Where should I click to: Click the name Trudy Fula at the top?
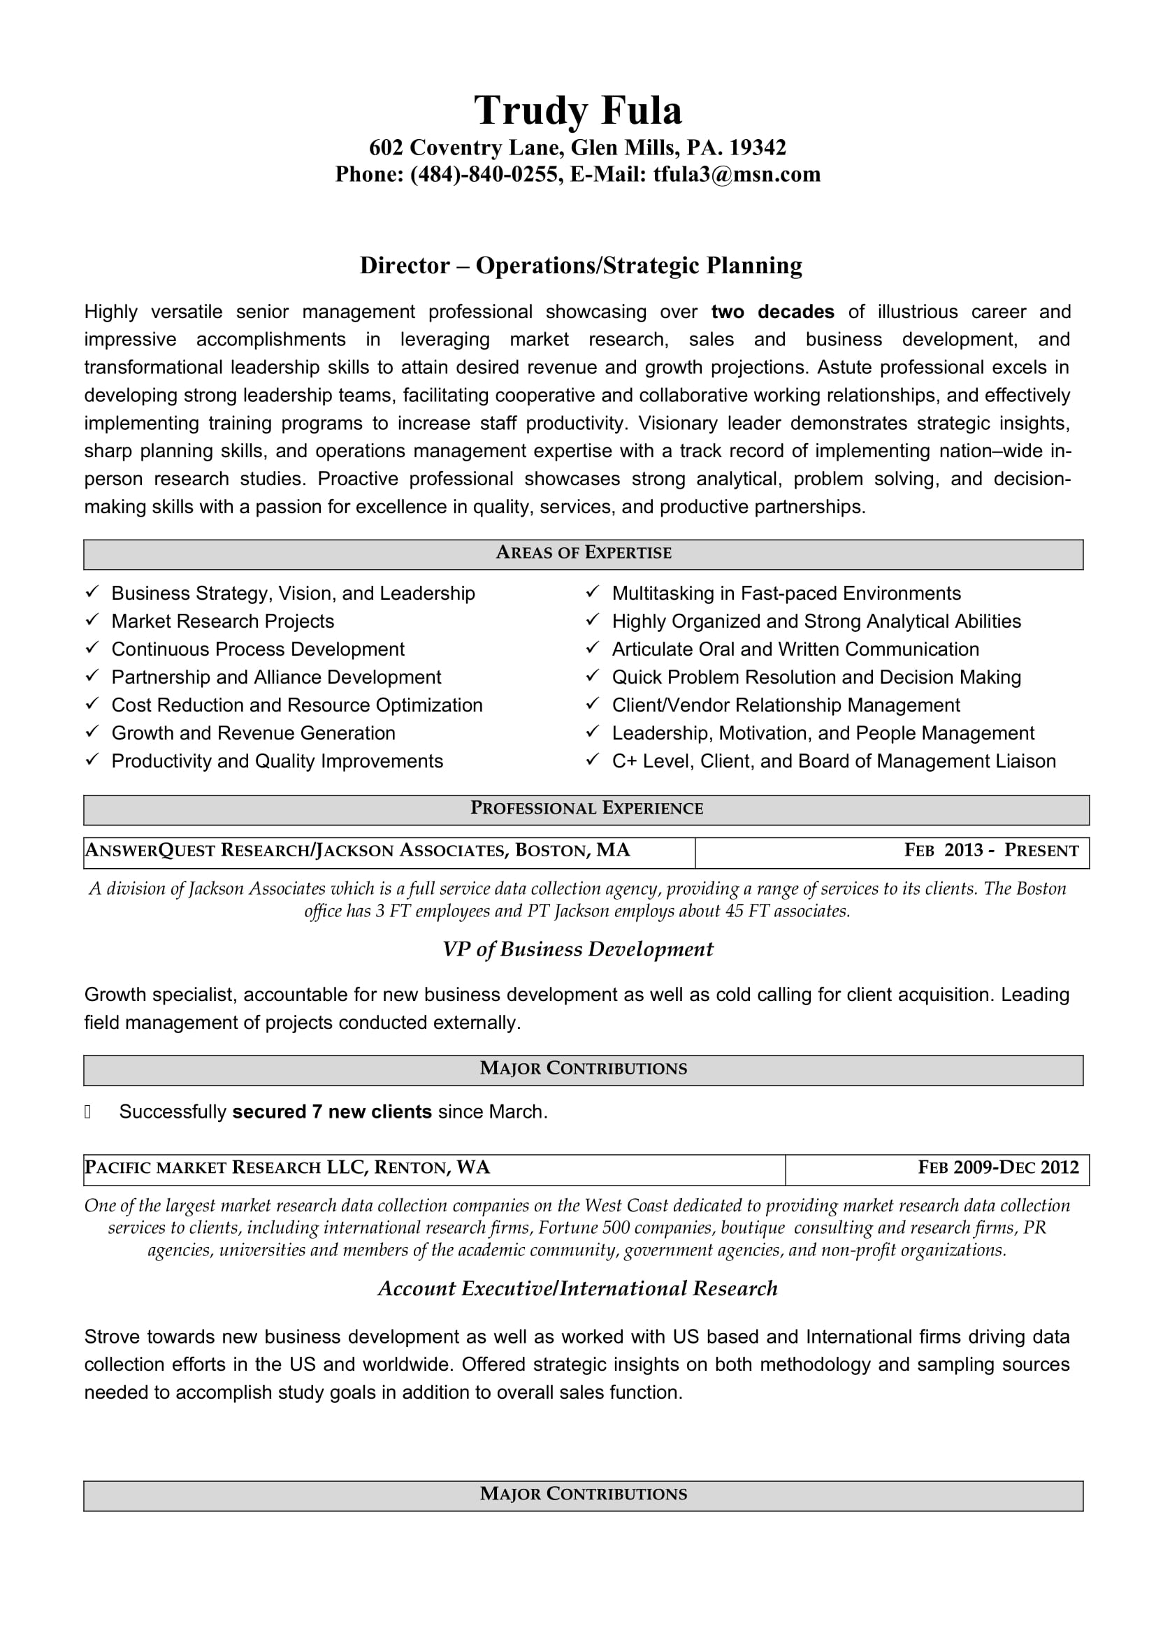point(577,110)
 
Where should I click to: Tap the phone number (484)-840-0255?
point(484,175)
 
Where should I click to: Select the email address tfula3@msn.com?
point(737,175)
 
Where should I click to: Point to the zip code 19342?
point(758,147)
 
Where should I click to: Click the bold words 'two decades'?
point(772,312)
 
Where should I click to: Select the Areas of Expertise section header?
point(583,554)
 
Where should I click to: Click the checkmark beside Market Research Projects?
point(92,620)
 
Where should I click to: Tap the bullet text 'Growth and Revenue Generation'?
point(253,733)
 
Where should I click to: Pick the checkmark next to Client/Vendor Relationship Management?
point(592,705)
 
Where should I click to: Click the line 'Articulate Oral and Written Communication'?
point(795,649)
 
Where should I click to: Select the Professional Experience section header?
point(586,808)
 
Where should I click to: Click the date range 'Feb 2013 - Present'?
point(991,850)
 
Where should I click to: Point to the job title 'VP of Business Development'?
point(577,949)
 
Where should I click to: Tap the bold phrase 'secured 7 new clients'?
point(332,1111)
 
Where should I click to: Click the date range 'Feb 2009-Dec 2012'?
point(998,1167)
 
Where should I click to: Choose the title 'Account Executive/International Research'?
point(577,1288)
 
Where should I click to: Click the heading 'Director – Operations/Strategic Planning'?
point(581,266)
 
